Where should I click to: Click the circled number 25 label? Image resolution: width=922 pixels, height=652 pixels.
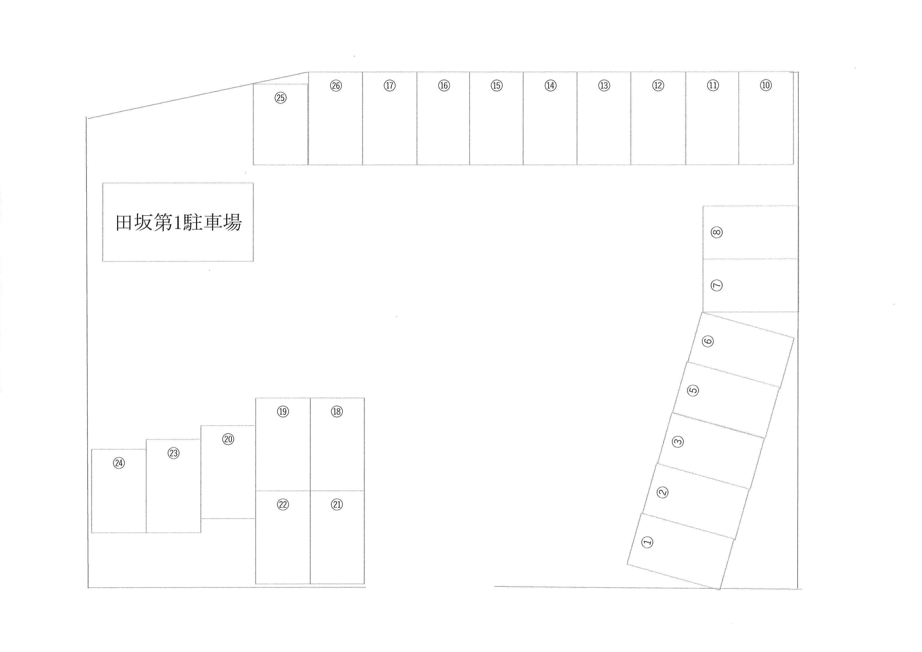click(281, 98)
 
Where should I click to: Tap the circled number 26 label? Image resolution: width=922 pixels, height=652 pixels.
click(336, 85)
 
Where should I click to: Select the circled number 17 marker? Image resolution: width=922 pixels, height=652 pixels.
click(390, 85)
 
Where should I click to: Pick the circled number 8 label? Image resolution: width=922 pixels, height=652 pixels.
click(717, 232)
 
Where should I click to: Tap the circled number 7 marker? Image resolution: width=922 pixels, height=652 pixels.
click(717, 286)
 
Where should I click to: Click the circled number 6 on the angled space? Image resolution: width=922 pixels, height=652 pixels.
click(708, 341)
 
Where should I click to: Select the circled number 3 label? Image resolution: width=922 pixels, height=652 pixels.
click(678, 442)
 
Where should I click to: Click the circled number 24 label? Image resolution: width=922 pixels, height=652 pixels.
click(119, 463)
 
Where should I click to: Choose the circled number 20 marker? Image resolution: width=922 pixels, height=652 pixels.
click(228, 439)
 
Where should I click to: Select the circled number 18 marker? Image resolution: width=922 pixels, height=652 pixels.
click(337, 411)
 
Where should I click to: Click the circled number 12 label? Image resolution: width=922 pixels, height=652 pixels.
click(658, 85)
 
